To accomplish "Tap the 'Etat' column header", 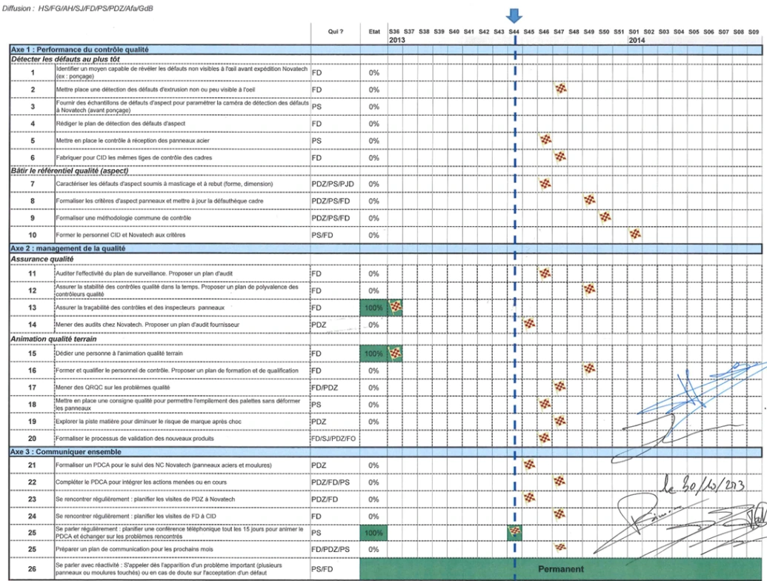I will point(373,32).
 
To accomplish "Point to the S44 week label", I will point(514,32).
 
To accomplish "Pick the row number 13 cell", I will point(33,307).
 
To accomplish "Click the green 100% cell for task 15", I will point(373,353).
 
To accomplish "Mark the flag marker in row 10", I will point(634,234).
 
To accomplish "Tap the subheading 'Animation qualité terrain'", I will point(54,339).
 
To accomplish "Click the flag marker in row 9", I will point(605,217).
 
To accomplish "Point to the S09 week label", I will point(754,32).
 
